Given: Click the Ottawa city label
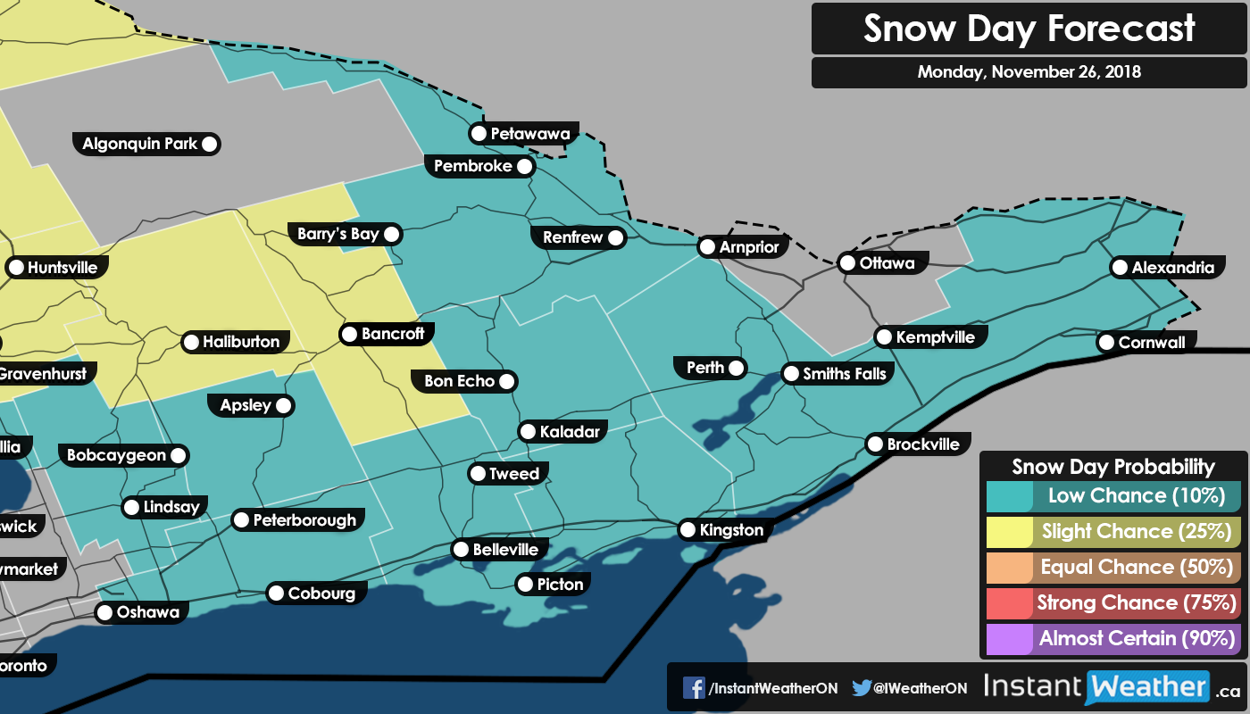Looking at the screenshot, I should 886,263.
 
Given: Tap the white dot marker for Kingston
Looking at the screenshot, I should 687,530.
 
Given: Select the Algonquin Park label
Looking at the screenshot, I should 140,144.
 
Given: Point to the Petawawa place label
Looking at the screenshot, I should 529,134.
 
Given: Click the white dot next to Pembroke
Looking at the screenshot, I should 524,166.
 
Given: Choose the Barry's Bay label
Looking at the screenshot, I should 338,235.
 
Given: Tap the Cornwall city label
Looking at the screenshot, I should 1151,342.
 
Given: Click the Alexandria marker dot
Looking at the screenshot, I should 1119,268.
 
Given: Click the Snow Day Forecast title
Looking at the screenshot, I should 1029,29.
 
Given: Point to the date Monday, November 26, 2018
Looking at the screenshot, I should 1029,72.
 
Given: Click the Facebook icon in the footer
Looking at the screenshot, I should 694,688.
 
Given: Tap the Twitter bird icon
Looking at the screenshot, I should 862,688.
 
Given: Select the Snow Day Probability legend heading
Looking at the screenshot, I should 1113,466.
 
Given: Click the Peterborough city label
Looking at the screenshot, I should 304,520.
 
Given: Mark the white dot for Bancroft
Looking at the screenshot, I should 349,335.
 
